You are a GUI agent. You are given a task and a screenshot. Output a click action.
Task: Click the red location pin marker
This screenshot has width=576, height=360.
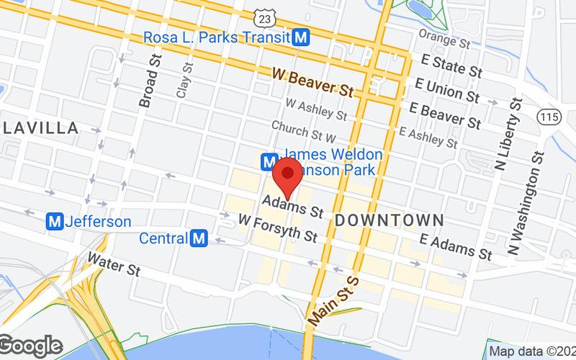pos(288,176)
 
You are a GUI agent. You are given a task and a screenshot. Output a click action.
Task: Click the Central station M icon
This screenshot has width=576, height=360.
pos(199,238)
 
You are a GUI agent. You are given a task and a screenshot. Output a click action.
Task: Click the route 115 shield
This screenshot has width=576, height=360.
pos(550,117)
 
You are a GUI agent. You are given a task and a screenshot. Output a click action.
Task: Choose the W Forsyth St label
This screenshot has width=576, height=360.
pos(278,228)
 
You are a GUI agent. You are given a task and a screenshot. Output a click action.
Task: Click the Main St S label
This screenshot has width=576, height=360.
pos(333,298)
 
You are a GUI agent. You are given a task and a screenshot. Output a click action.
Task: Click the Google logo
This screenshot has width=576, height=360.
pos(30,346)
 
